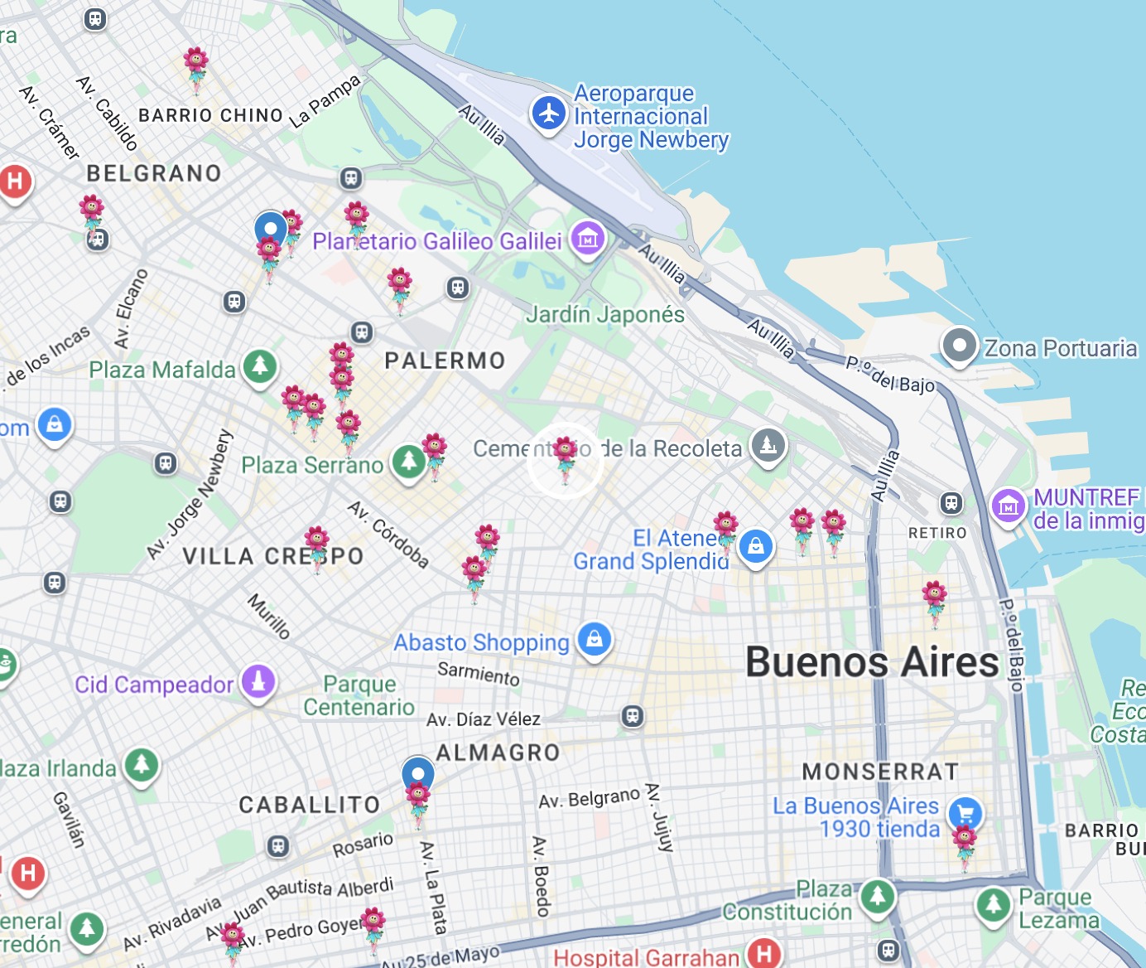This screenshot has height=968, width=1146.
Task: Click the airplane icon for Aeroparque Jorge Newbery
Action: coord(548,113)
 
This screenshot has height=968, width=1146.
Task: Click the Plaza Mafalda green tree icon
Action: coord(260,365)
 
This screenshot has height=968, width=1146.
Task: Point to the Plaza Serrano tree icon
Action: coord(408,461)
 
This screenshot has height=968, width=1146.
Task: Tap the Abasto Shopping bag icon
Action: coord(595,639)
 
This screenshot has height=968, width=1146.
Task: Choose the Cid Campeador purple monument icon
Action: coord(258,682)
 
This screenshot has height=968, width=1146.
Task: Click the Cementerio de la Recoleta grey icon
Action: coord(768,445)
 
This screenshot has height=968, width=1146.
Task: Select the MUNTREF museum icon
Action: coord(1009,504)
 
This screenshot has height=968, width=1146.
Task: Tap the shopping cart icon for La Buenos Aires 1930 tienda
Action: coord(965,813)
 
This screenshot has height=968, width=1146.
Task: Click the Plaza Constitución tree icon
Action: coord(878,896)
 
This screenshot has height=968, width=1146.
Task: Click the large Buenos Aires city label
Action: coord(872,663)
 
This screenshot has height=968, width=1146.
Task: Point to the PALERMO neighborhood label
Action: coord(445,361)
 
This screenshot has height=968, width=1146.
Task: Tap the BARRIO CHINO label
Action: coord(211,115)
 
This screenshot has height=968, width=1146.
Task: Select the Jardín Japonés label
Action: coord(605,315)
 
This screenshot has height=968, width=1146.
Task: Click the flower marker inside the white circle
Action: coord(566,457)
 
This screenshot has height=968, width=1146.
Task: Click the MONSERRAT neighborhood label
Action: coord(880,772)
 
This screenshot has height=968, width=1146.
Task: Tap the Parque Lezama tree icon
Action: coord(993,905)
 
